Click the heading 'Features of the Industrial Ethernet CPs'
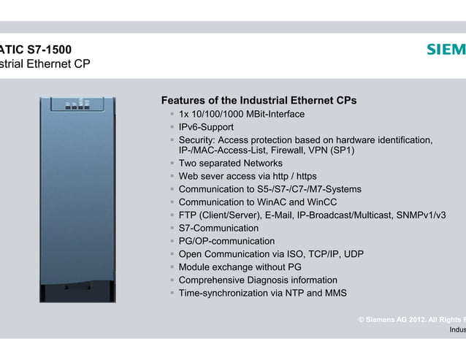259,100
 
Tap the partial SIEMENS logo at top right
446,50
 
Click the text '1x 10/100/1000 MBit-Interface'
241,114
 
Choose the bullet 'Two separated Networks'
230,164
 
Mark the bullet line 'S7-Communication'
218,228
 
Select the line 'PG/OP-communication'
226,241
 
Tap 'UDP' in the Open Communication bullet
353,254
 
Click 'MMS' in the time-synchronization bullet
335,293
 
